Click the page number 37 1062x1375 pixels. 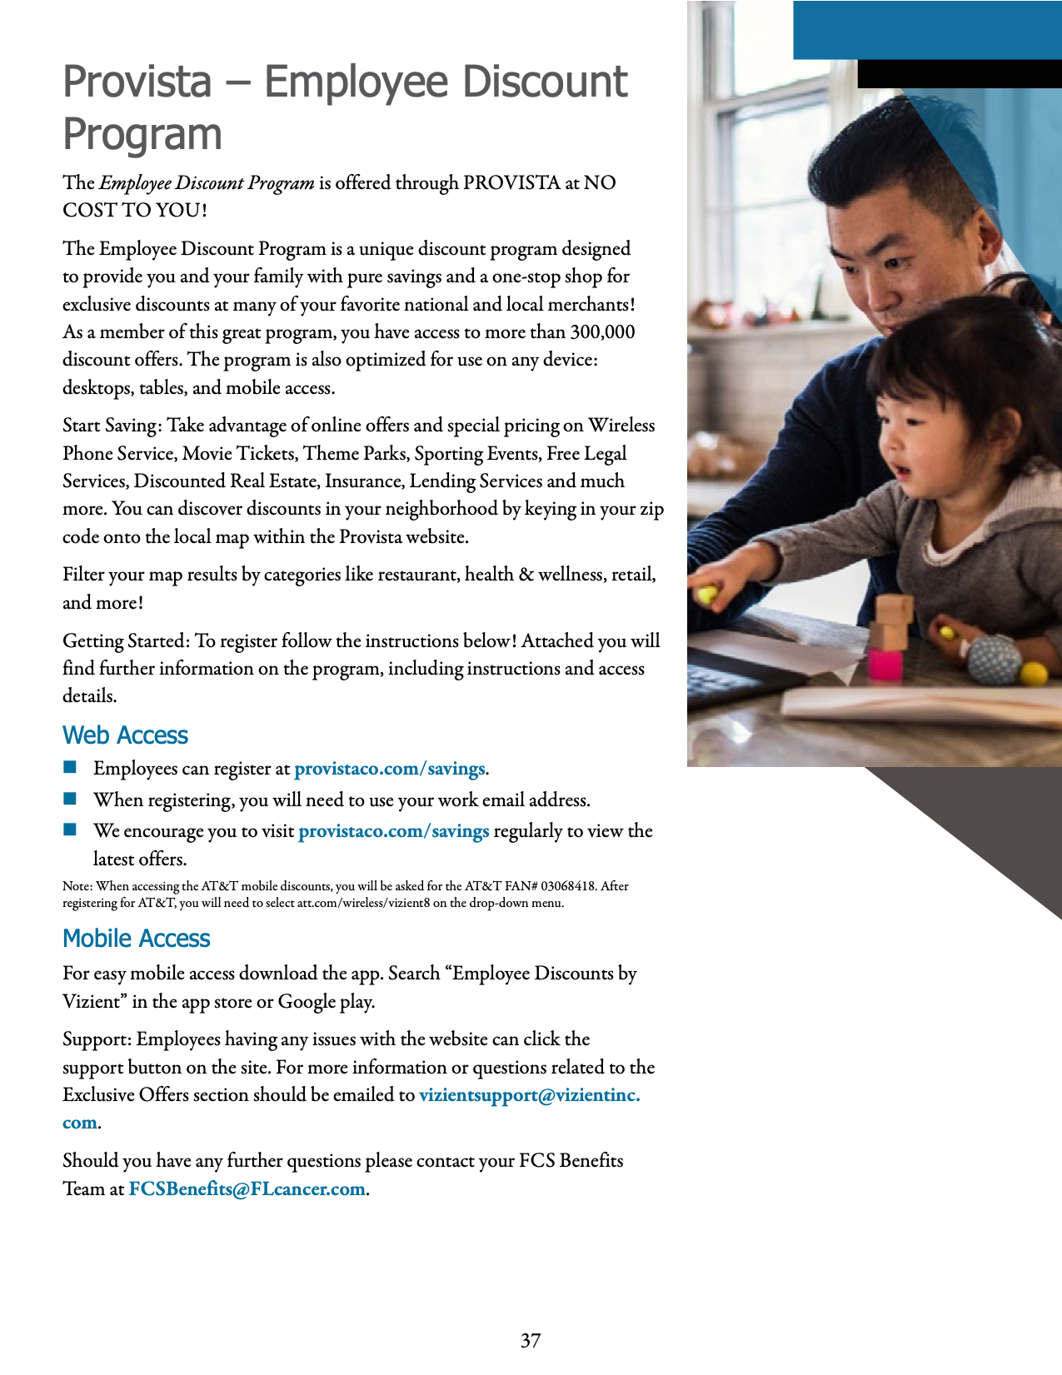531,1340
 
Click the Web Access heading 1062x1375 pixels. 125,735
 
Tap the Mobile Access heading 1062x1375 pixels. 136,939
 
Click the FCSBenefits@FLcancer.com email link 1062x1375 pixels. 247,1188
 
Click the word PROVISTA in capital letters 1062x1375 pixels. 511,183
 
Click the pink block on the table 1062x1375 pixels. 885,665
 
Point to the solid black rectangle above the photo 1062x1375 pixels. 959,73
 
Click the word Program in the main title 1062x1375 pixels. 142,135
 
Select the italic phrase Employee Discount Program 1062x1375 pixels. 207,183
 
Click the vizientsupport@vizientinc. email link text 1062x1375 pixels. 529,1095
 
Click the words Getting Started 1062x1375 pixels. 126,641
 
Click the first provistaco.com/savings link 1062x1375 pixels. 389,769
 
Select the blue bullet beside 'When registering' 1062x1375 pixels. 70,799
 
